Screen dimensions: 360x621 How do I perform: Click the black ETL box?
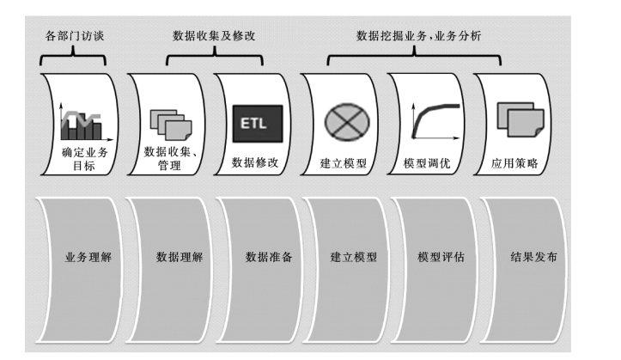[252, 123]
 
